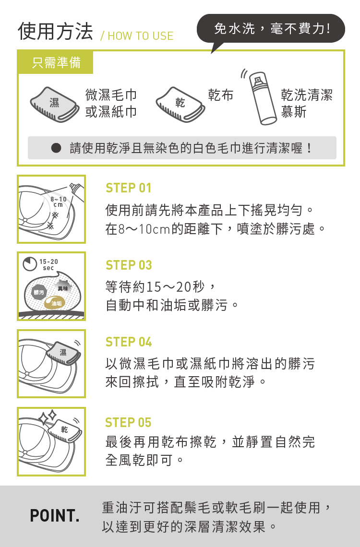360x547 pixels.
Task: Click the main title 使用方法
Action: tap(56, 31)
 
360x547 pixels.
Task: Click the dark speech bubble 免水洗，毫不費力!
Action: tap(271, 29)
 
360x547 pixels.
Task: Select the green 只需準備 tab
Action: tap(56, 62)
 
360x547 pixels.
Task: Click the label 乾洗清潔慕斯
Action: tap(307, 103)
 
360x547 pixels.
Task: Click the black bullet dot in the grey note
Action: tap(56, 148)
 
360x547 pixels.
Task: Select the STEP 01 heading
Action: tap(128, 188)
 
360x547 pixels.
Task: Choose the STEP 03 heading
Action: tap(129, 265)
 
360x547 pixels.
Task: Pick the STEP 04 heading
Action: tap(129, 342)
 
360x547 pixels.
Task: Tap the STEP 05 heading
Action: tap(128, 422)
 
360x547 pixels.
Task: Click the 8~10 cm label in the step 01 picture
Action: tap(58, 202)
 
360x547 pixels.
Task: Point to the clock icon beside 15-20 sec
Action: tap(30, 264)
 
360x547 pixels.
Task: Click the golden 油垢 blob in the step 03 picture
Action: tap(55, 303)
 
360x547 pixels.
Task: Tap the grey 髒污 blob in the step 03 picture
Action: tap(39, 292)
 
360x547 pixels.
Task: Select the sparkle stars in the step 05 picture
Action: tap(48, 416)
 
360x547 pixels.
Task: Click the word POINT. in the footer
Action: tap(55, 516)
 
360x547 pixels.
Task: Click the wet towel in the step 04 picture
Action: tap(63, 352)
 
